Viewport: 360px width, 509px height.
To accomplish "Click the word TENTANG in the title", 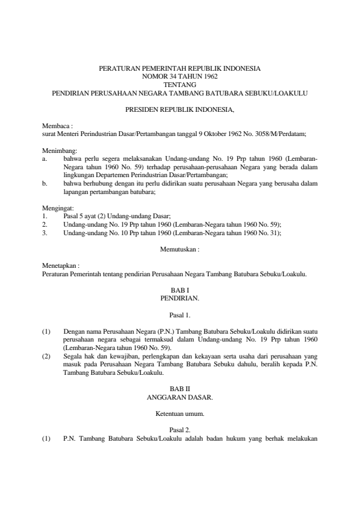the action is tap(180, 85).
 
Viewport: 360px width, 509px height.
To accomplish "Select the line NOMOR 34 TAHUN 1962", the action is tap(180, 77).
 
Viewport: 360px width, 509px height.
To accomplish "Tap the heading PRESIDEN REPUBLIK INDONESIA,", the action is tap(180, 110).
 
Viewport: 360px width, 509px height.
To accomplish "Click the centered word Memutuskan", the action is tap(180, 248).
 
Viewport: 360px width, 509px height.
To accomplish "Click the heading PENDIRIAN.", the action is tap(180, 298).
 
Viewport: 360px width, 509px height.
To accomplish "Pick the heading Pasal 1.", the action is tap(180, 315).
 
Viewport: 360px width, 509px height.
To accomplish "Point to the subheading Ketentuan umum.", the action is tap(180, 414).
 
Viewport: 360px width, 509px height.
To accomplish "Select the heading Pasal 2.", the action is tap(180, 431).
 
